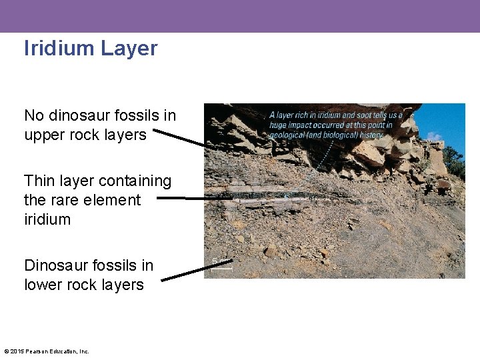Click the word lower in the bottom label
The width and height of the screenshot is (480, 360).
pos(43,285)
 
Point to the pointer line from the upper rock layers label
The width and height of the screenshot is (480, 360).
pos(180,137)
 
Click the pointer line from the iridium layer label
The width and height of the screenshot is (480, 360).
pos(193,198)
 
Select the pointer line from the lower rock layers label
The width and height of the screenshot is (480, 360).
pos(197,271)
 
